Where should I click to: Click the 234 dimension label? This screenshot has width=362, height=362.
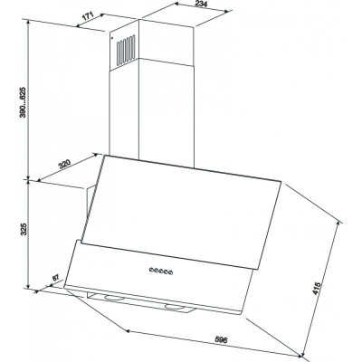tap(201, 4)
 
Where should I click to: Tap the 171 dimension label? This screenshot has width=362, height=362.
tap(88, 16)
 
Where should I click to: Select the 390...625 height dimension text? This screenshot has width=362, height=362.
tap(24, 102)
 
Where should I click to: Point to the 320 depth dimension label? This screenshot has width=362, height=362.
tap(64, 165)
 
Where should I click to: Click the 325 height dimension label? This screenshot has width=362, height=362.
tap(24, 229)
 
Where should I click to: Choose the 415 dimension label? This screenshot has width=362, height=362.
tap(315, 290)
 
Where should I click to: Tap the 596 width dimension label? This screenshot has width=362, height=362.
tap(221, 339)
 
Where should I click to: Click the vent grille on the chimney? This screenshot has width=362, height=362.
tap(126, 50)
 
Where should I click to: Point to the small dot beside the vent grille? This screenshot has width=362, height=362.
tap(112, 38)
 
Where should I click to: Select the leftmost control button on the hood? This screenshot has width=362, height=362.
tap(150, 270)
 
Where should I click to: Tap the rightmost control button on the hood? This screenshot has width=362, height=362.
tap(171, 273)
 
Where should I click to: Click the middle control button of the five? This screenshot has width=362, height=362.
tap(161, 271)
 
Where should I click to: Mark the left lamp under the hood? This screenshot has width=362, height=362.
tap(112, 298)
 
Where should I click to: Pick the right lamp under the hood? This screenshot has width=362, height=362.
tap(174, 307)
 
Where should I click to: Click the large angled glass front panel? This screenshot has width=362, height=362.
tap(182, 212)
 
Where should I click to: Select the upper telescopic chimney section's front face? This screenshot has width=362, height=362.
tap(167, 43)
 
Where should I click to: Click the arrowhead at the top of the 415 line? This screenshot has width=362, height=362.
tap(340, 224)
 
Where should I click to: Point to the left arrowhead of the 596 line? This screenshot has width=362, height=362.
tap(128, 331)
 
